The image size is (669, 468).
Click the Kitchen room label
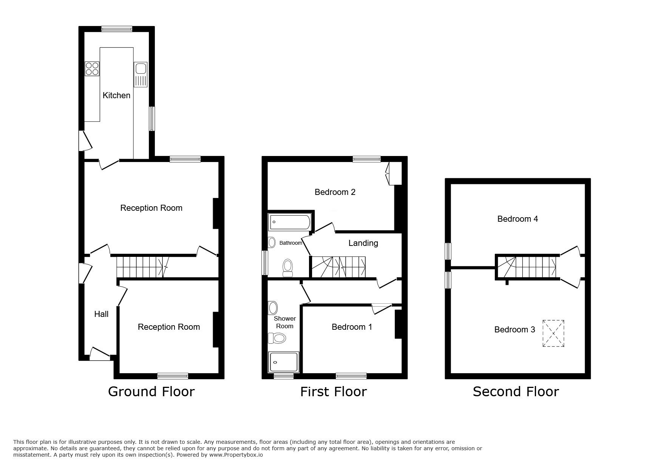(x=116, y=95)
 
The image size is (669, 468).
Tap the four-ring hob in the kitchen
(x=92, y=68)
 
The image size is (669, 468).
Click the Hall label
(x=101, y=314)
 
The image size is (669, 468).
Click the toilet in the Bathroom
(x=288, y=267)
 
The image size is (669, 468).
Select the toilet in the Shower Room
(x=276, y=338)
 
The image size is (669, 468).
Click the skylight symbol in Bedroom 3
(x=553, y=334)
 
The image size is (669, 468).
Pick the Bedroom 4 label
(x=517, y=219)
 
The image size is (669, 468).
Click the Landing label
(x=363, y=243)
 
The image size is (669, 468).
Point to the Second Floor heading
(x=515, y=392)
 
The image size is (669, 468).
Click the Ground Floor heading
(x=151, y=392)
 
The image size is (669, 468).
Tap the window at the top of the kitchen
(x=117, y=28)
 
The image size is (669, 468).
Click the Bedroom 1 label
(x=351, y=327)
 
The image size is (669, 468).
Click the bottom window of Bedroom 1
(x=351, y=376)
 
